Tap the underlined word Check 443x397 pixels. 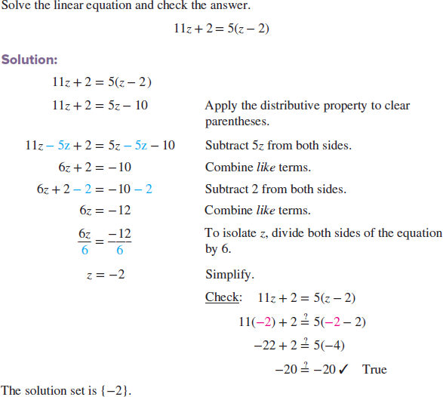[222, 297]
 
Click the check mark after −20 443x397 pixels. [343, 369]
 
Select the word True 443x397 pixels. [374, 370]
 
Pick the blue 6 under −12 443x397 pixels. [118, 249]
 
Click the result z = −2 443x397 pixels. [105, 275]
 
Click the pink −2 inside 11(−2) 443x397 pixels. [265, 322]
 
